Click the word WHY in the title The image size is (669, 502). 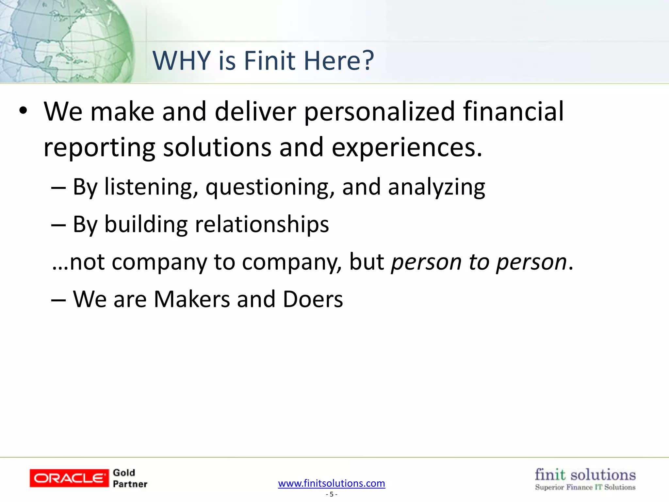[x=182, y=61]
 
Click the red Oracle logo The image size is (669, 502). [x=69, y=478]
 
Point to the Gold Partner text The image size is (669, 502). [x=130, y=478]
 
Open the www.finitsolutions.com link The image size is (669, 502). [x=332, y=483]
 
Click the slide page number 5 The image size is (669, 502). [x=332, y=494]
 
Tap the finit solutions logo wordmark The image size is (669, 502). [x=585, y=475]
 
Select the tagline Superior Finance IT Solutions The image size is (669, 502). [x=585, y=487]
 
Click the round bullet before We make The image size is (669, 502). [x=23, y=111]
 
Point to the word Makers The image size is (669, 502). [x=192, y=299]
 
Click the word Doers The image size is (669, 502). [x=313, y=299]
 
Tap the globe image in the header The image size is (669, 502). [x=65, y=41]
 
